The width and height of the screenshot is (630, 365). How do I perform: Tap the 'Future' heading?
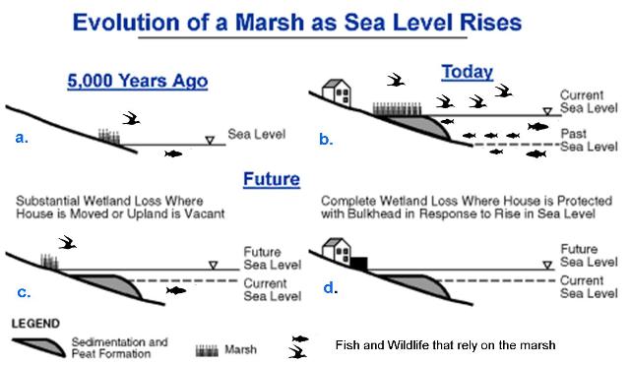tap(272, 180)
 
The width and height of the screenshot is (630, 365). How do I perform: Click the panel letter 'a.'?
tap(23, 138)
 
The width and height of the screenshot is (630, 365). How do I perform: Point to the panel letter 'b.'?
tap(326, 139)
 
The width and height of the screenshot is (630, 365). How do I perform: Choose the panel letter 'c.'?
tap(23, 292)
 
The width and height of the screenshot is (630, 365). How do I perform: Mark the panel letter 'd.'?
tap(330, 288)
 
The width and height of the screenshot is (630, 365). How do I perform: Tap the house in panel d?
tap(338, 250)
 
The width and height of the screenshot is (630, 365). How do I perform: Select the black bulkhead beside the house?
tap(358, 264)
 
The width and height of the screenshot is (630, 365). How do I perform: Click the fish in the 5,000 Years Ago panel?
tap(173, 153)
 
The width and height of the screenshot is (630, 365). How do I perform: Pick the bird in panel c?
tap(67, 240)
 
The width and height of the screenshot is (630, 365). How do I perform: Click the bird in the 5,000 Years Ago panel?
tap(131, 118)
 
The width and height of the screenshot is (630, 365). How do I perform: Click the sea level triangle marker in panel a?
tap(209, 141)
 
